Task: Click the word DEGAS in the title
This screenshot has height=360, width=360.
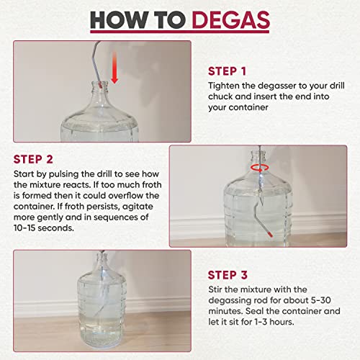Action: [231, 20]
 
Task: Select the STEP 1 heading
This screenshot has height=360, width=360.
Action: [227, 71]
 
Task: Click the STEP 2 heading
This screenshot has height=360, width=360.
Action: [33, 159]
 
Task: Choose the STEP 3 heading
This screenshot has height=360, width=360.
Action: [228, 275]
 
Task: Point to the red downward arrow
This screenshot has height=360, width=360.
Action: [114, 68]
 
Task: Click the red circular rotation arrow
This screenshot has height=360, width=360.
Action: [260, 168]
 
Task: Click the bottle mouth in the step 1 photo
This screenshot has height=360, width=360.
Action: [99, 84]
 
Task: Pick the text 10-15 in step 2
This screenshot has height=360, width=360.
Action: [24, 228]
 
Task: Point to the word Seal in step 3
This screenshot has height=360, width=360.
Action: [255, 311]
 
